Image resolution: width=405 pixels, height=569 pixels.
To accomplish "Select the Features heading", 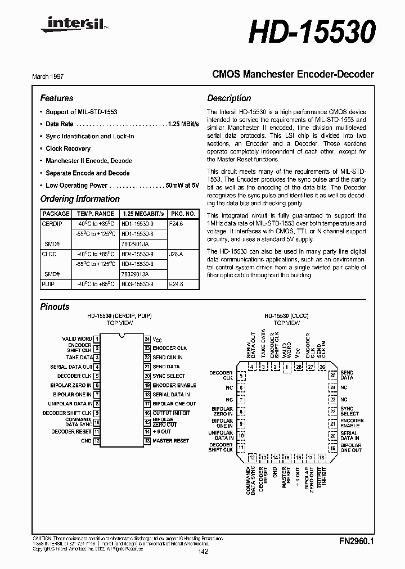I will [x=57, y=98].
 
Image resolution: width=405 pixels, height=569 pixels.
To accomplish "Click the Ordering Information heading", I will [x=80, y=198].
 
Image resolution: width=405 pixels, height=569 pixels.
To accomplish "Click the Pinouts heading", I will [x=55, y=306].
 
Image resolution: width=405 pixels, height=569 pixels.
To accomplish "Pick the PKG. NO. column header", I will [x=183, y=214].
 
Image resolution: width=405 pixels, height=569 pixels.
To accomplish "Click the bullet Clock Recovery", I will [x=68, y=148].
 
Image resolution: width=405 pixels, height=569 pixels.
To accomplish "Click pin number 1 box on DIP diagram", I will [x=97, y=339].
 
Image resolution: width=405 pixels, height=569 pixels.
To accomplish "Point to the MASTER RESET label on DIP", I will [x=170, y=441].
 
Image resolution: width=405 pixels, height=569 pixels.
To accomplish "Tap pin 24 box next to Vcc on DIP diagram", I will [x=146, y=339].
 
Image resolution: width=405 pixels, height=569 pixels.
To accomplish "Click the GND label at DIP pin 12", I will [x=85, y=441].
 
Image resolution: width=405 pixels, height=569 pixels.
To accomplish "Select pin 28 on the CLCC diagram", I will [x=298, y=367].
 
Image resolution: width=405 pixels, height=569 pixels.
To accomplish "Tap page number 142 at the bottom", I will [x=203, y=552].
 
